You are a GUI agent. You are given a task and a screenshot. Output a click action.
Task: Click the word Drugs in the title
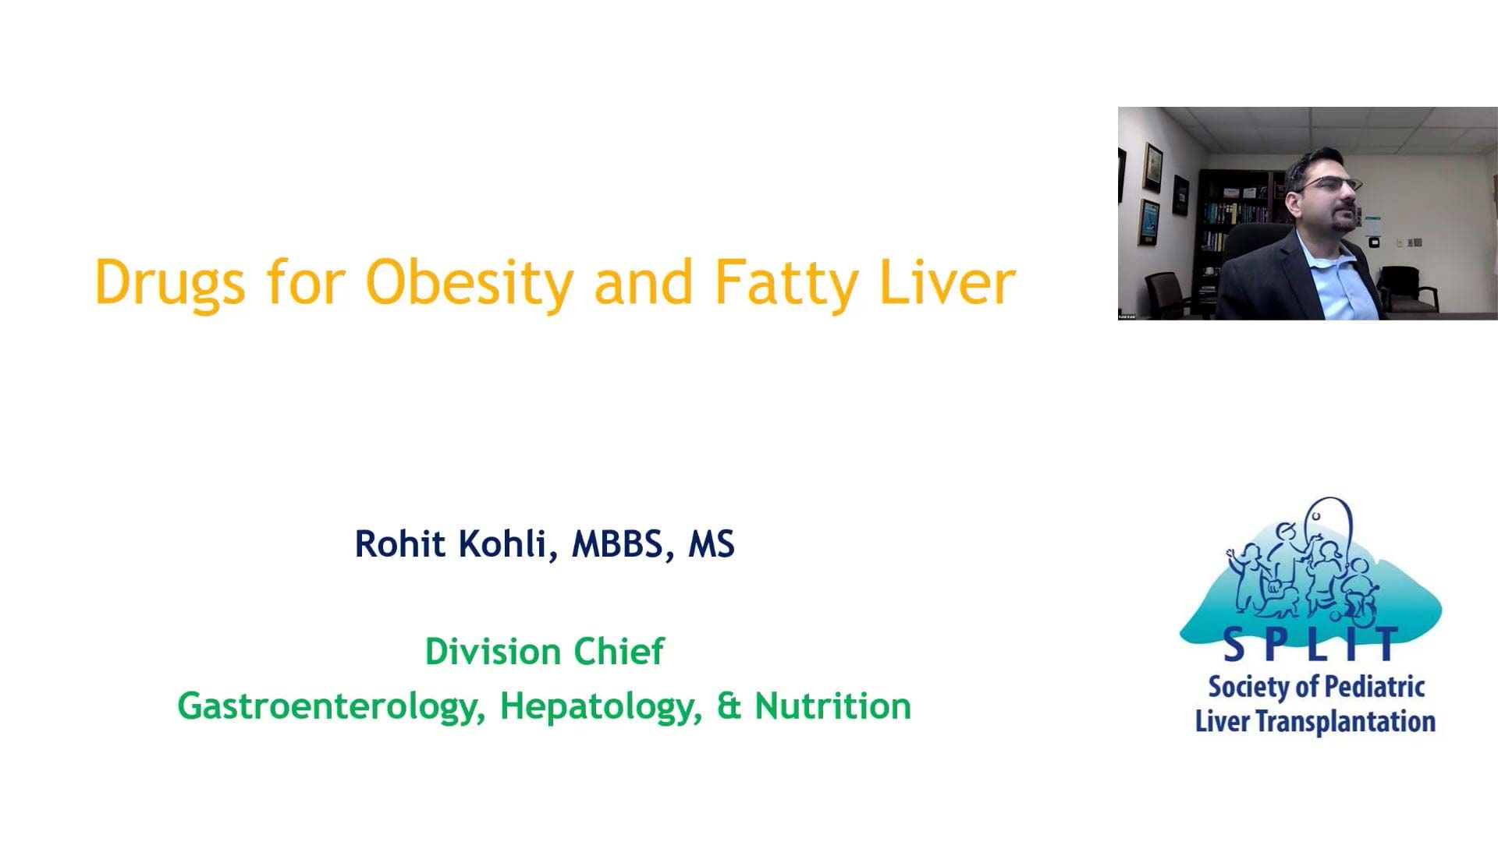tap(169, 282)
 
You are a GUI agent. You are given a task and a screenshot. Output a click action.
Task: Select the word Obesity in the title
tap(469, 282)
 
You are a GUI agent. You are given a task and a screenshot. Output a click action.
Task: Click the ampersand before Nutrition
tap(728, 706)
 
